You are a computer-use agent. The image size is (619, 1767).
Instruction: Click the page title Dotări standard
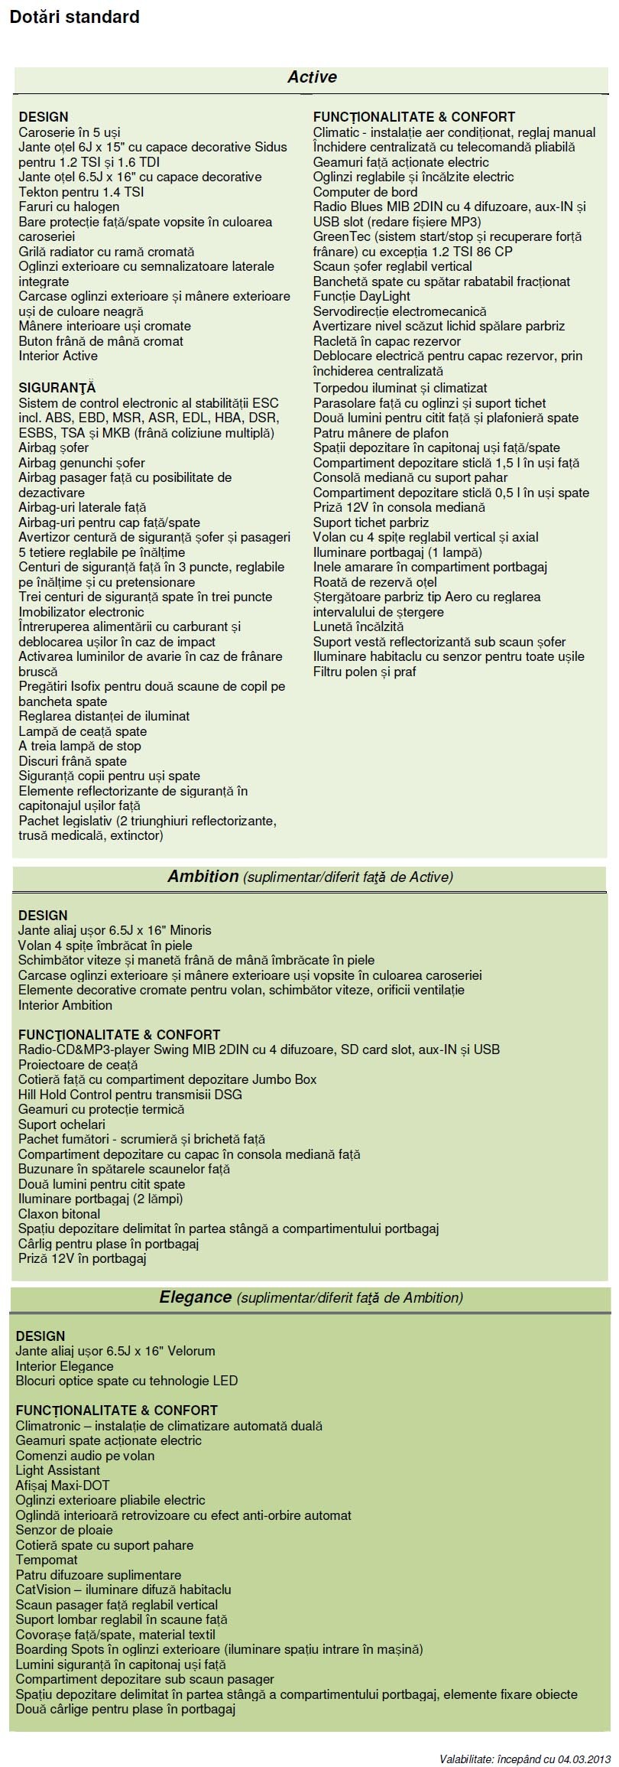click(x=74, y=17)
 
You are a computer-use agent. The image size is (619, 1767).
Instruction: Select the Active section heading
click(x=312, y=77)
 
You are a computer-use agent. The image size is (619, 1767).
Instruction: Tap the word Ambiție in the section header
click(x=203, y=877)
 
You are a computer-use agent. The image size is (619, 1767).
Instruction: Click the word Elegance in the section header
click(x=195, y=1297)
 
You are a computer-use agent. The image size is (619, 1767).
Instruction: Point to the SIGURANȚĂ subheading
click(x=57, y=388)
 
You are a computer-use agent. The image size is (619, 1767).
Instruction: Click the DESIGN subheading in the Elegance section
click(x=41, y=1336)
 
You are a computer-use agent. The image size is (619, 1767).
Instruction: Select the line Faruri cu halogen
click(x=69, y=207)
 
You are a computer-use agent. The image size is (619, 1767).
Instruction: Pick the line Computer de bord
click(x=365, y=192)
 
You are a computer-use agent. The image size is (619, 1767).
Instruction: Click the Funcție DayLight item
click(x=361, y=296)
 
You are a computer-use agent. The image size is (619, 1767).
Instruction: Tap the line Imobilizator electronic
click(x=81, y=612)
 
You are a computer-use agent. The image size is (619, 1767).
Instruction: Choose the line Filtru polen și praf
click(x=364, y=672)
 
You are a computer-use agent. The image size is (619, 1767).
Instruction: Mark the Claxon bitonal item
click(x=59, y=1214)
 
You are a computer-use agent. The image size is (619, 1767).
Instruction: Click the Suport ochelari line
click(x=61, y=1124)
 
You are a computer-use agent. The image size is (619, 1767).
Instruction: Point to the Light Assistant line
click(x=57, y=1470)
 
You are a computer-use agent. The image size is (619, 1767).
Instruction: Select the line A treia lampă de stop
click(x=79, y=746)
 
